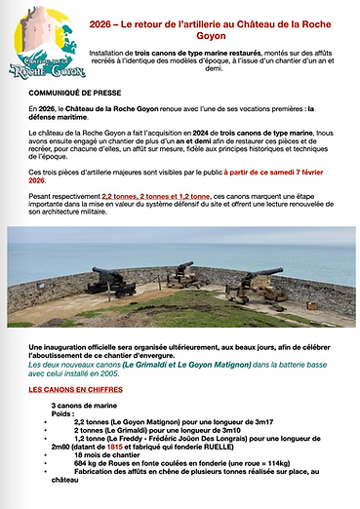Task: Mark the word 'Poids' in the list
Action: tap(61, 411)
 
